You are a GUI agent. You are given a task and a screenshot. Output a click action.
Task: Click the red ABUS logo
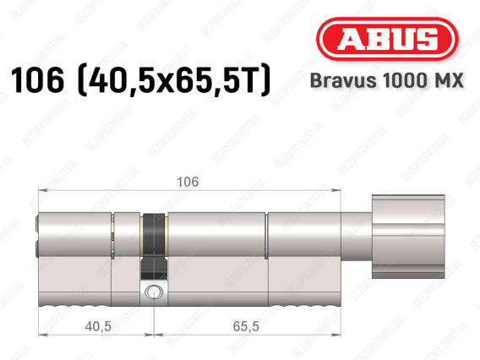(387, 39)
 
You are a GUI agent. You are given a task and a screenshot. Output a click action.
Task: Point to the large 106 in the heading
(37, 79)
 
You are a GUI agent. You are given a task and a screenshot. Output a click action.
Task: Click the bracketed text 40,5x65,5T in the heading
(174, 80)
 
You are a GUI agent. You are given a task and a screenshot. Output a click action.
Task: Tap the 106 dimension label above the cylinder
(188, 182)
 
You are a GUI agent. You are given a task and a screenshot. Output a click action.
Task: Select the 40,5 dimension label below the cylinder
(98, 327)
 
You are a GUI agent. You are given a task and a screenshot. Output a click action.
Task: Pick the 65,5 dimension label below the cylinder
(246, 327)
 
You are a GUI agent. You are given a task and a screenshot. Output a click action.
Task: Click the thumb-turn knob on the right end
(408, 237)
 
